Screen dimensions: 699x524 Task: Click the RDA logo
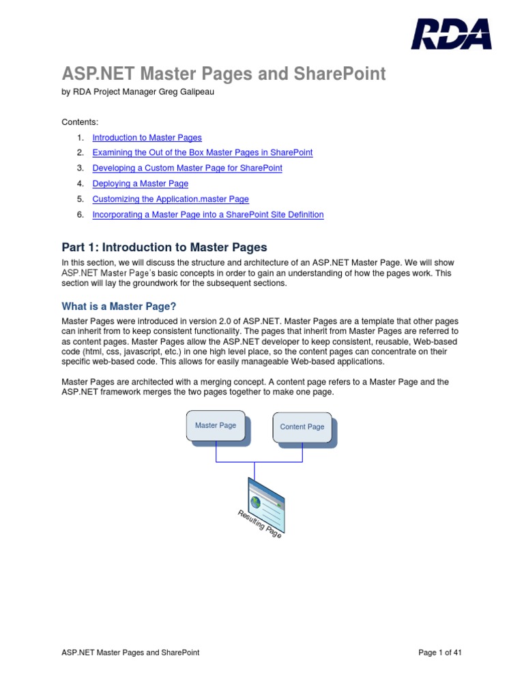pos(450,34)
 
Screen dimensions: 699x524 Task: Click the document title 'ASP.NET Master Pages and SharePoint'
pos(224,74)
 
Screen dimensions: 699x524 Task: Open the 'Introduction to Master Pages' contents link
pos(147,137)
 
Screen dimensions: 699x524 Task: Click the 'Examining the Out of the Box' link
pos(202,152)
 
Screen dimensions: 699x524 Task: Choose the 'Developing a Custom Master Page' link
pos(187,168)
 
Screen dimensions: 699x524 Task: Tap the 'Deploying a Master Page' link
pos(140,184)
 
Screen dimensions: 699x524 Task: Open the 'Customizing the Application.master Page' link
pos(171,199)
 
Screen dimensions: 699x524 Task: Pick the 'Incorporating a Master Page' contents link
pos(207,214)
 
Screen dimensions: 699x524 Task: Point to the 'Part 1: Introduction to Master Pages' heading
pos(164,247)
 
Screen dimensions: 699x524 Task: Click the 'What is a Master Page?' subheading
pos(123,306)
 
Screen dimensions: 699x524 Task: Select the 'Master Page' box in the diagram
pos(216,426)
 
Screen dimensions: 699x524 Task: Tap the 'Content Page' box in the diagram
pos(302,427)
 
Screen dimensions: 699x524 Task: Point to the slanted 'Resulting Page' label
pos(259,524)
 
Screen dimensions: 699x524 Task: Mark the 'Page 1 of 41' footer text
pos(440,653)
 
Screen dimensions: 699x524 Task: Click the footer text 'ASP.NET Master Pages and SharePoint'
pos(130,653)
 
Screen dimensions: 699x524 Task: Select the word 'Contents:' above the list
pos(80,122)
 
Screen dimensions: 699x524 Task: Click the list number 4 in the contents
pos(80,184)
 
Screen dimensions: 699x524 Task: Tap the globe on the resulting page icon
pos(256,502)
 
